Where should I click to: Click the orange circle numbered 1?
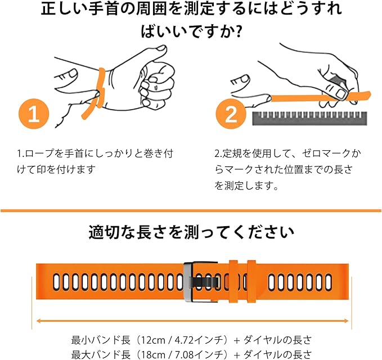coord(34,114)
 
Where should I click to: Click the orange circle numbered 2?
coord(231,114)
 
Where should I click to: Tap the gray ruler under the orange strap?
coord(309,119)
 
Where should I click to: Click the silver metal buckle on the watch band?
coord(188,282)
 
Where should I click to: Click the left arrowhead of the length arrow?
coord(38,321)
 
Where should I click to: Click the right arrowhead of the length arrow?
coord(346,321)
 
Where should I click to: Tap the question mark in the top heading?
coord(237,31)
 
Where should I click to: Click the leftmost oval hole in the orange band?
coord(56,282)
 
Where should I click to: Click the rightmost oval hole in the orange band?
coord(329,282)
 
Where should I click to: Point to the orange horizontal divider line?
coord(191,210)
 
